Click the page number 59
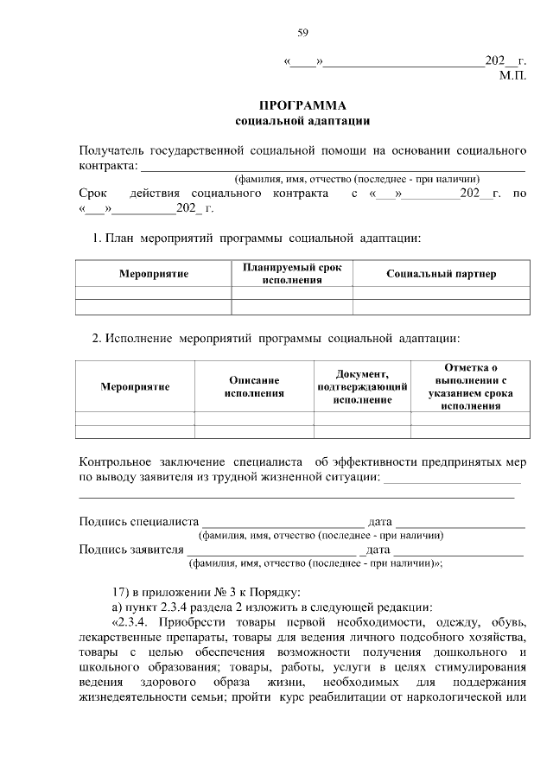point(303,33)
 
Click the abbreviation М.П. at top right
point(512,76)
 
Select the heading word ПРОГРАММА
point(302,105)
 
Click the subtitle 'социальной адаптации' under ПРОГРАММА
point(302,120)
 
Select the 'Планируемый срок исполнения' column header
point(292,274)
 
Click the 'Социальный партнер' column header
point(441,274)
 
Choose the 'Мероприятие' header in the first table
point(154,274)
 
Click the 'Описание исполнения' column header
point(253,386)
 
